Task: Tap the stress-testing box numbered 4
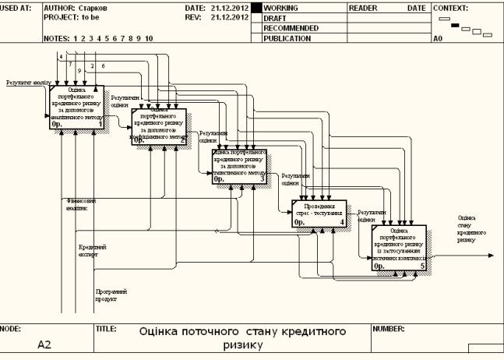319,213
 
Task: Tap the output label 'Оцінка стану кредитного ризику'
466,229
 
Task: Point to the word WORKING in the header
281,7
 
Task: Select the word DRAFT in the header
275,17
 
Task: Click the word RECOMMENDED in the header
291,27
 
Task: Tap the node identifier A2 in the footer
44,344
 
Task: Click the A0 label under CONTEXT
438,37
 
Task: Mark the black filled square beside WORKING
256,7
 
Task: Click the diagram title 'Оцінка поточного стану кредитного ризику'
242,337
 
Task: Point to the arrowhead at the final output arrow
491,255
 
